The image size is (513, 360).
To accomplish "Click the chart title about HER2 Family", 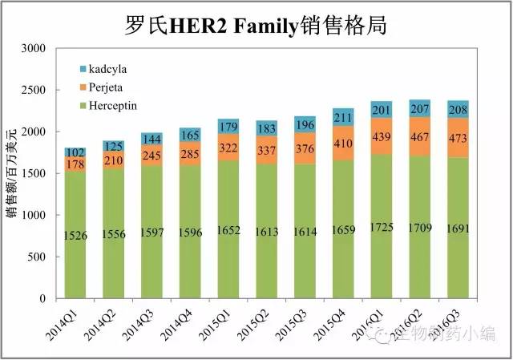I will [256, 23].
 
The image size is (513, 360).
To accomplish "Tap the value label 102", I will [75, 152].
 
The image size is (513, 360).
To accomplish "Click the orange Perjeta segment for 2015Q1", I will [228, 148].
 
